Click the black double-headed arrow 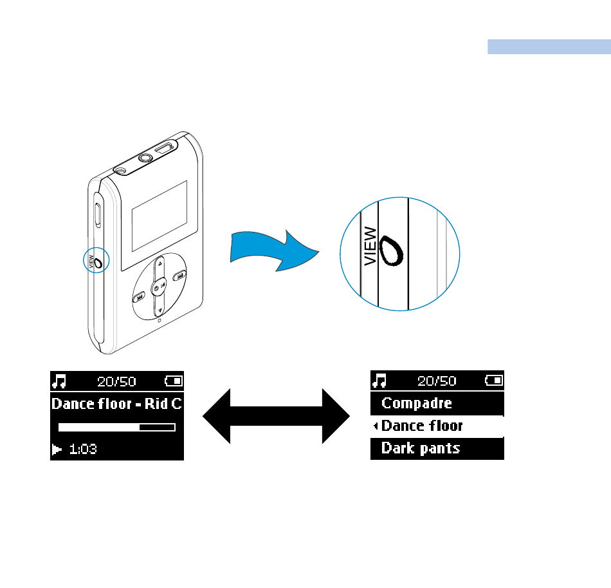tap(277, 415)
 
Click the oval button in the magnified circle tap(391, 251)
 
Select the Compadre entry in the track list tap(417, 404)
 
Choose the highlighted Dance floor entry tap(422, 426)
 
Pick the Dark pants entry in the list tap(421, 448)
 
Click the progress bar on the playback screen tap(116, 427)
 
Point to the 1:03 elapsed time tap(83, 450)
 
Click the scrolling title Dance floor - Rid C tap(116, 404)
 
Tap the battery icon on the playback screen tap(174, 381)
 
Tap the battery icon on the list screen tap(494, 381)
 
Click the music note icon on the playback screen tap(59, 381)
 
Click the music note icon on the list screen tap(380, 381)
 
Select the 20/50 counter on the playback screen tap(116, 381)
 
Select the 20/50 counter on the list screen tap(437, 381)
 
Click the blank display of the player tap(159, 216)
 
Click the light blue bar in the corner tap(549, 47)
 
